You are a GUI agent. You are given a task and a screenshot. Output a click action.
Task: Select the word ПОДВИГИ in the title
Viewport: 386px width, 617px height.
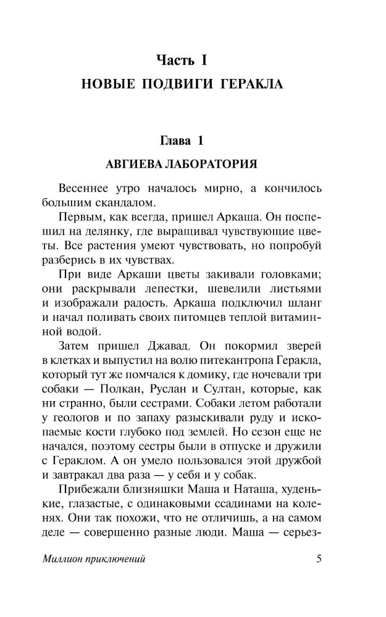pos(182,85)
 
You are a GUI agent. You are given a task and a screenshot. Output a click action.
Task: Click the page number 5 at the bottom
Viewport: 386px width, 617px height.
pos(319,559)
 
